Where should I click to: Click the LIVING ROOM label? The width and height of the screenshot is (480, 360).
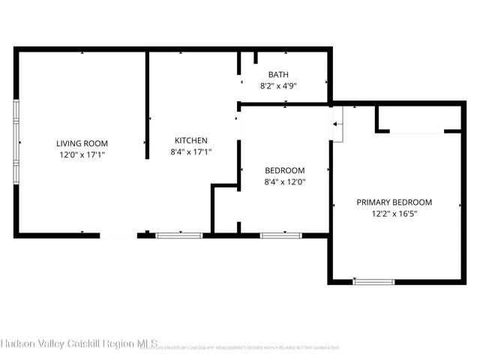tap(82, 142)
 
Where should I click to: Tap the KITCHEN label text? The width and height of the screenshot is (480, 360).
tap(191, 140)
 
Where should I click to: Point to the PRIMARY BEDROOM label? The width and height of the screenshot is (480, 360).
tap(394, 202)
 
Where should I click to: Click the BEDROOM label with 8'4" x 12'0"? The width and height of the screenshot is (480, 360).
tap(284, 170)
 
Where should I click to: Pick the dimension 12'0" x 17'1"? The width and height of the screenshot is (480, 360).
tap(82, 154)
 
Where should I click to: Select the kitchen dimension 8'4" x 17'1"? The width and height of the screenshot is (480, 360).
tap(191, 151)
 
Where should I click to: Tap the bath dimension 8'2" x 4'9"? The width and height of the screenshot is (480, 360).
tap(278, 86)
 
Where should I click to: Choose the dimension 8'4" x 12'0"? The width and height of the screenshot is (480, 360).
tap(284, 181)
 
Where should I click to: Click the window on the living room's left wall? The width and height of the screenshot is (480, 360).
tap(16, 142)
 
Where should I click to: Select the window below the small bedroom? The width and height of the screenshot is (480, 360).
tap(280, 235)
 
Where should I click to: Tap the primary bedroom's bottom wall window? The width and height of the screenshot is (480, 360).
tap(373, 282)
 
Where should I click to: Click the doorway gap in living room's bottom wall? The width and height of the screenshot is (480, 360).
tap(118, 235)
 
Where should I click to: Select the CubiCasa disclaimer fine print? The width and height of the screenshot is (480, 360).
tap(247, 348)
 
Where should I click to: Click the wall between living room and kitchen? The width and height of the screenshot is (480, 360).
tap(147, 142)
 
